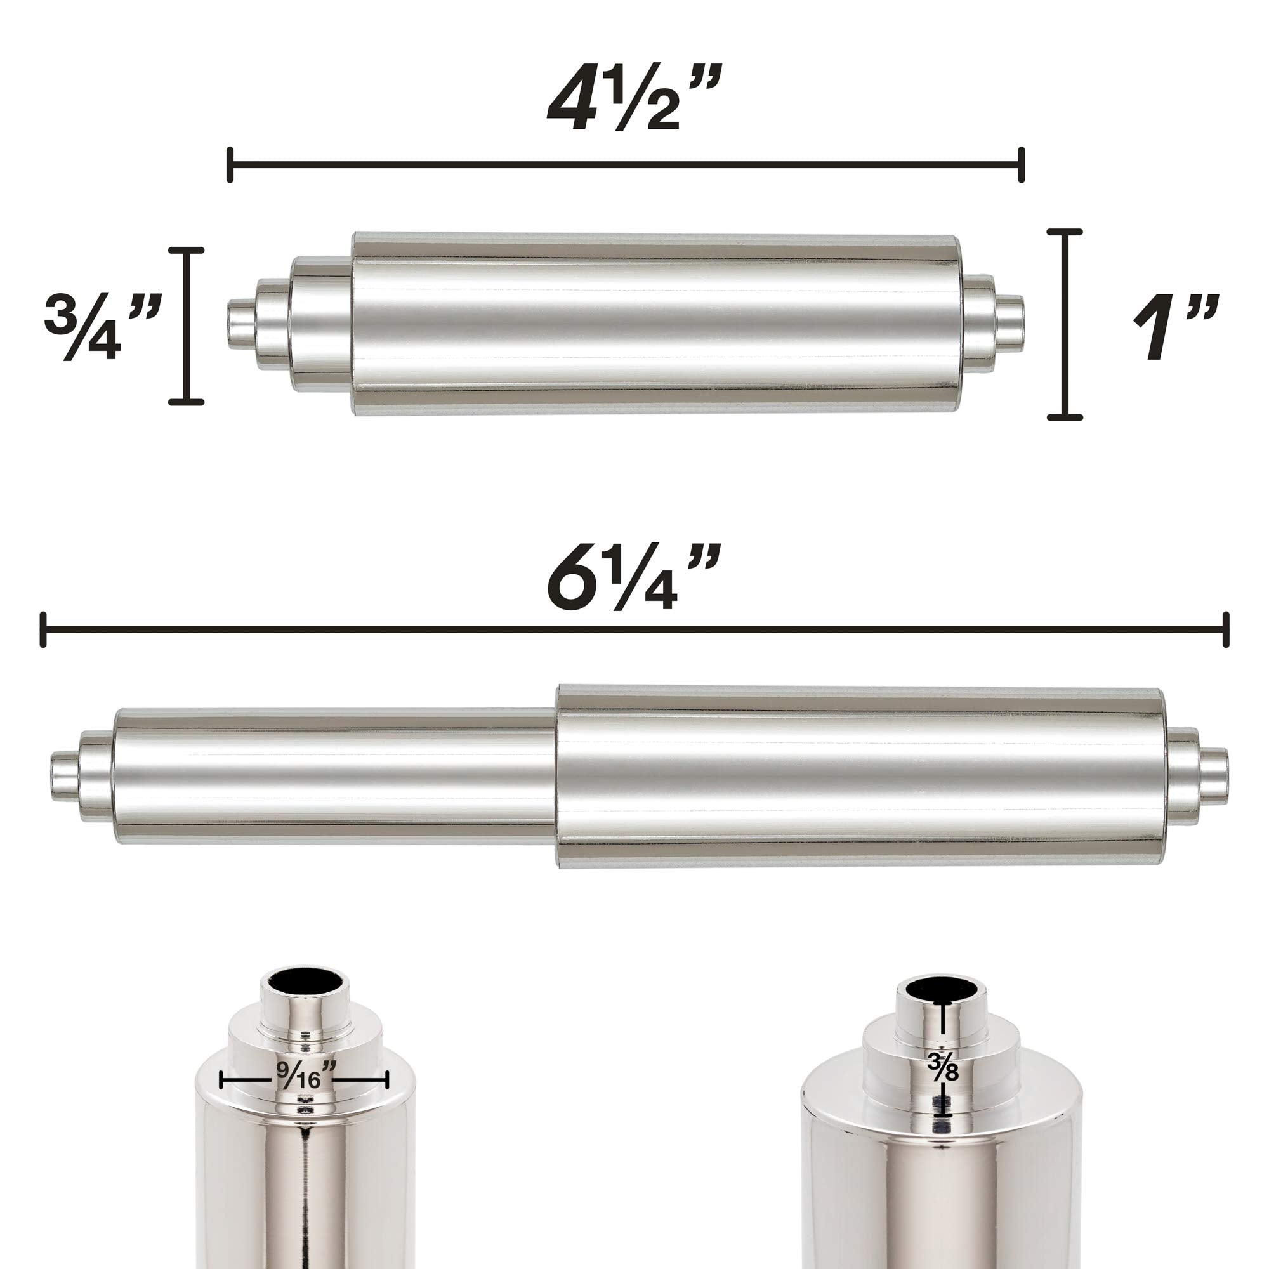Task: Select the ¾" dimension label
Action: point(102,326)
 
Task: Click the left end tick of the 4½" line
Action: point(230,166)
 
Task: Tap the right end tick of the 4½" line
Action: point(1022,166)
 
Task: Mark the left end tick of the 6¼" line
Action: point(43,629)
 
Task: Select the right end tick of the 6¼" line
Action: point(1226,629)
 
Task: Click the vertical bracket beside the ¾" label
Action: point(187,326)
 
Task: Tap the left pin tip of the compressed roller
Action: point(240,326)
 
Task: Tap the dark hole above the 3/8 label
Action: point(944,989)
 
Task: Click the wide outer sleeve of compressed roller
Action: point(657,324)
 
